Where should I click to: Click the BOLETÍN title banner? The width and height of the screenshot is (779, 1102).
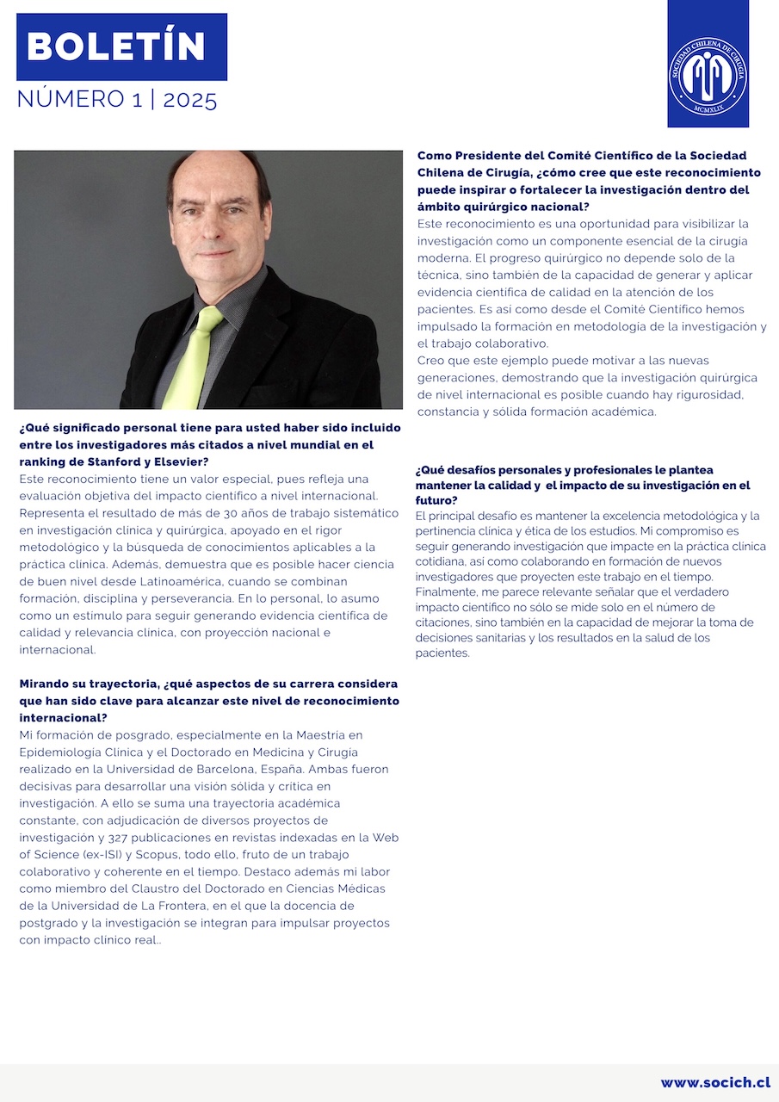pyautogui.click(x=121, y=46)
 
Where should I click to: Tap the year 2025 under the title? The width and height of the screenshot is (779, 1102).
pyautogui.click(x=190, y=100)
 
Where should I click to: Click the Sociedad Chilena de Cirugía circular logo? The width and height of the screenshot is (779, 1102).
pyautogui.click(x=708, y=75)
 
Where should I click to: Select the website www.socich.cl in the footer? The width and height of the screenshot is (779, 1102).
pyautogui.click(x=715, y=1082)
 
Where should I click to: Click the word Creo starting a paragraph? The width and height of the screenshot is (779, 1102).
pyautogui.click(x=431, y=360)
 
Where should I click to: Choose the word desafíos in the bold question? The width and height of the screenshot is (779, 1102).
pyautogui.click(x=478, y=470)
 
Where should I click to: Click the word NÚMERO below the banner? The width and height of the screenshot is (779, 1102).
pyautogui.click(x=70, y=100)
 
